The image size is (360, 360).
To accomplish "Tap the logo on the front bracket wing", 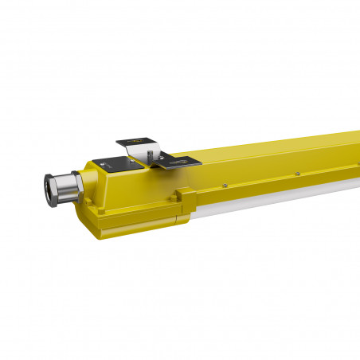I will [188, 162].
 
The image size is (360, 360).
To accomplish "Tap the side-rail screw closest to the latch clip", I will [225, 186].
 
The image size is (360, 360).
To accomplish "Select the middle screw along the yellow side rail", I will [296, 171].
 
